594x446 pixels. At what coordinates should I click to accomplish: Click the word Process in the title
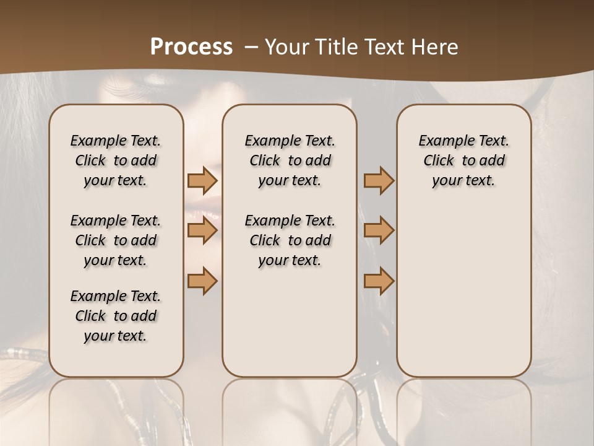coord(191,47)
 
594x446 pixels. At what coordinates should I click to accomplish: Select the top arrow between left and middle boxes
coord(202,181)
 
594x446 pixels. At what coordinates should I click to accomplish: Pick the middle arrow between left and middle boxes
coord(202,230)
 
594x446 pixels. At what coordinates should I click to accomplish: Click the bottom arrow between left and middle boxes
coord(202,281)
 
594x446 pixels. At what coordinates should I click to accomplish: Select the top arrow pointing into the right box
coord(379,181)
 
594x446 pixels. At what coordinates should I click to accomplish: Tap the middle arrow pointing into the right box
coord(379,230)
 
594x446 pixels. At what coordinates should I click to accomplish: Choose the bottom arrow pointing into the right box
coord(379,281)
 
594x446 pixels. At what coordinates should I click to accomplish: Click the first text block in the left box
coord(116,160)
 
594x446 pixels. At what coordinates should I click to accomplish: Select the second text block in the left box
coord(116,240)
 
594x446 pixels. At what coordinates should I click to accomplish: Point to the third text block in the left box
coord(116,316)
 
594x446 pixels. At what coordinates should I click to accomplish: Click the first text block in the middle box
coord(290,160)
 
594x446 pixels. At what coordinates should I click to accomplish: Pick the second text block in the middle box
coord(290,240)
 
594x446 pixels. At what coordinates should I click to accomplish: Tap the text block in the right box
coord(464,160)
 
